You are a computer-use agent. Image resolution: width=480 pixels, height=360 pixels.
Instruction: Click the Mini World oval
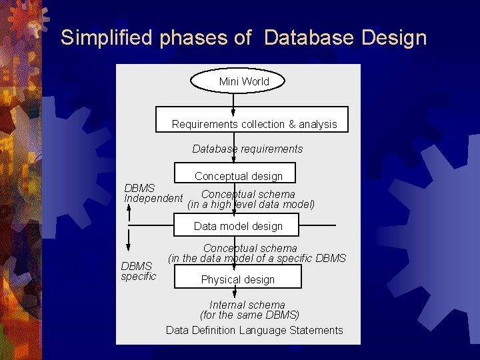[238, 81]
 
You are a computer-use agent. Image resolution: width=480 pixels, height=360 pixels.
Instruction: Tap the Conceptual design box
[238, 175]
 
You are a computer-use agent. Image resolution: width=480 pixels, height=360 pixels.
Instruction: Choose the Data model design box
[238, 226]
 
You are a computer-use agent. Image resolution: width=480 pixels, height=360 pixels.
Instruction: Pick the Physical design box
[238, 278]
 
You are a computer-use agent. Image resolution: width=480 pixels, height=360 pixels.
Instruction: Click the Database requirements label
[247, 149]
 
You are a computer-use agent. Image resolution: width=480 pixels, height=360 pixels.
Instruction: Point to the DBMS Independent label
[153, 193]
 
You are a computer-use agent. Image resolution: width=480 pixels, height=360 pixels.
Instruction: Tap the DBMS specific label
[138, 271]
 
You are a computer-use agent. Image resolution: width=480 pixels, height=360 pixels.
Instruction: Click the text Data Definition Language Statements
[254, 330]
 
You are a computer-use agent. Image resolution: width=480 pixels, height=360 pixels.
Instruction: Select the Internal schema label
[247, 305]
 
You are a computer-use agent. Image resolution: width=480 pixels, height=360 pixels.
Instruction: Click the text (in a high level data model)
[251, 205]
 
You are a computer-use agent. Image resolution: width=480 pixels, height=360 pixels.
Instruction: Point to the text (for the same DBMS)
[249, 315]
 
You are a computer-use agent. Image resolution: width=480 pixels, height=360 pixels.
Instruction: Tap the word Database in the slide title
[309, 38]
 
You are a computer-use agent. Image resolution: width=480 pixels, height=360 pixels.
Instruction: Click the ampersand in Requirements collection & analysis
[291, 125]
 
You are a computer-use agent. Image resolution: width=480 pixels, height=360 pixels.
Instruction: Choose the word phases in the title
[194, 38]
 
